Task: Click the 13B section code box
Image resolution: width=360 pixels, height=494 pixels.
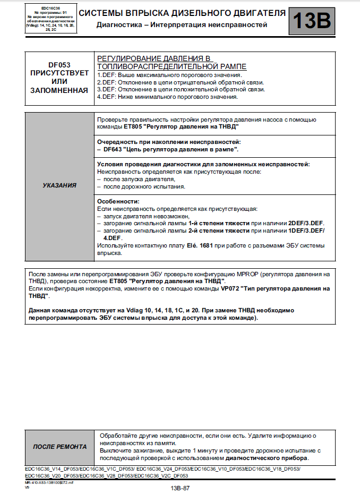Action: [x=311, y=21]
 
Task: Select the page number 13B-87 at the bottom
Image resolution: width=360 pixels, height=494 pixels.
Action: [x=180, y=488]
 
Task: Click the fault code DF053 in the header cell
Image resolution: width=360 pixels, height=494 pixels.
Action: [x=59, y=63]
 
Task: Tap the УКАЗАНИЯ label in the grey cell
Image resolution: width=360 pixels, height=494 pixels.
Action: [x=59, y=186]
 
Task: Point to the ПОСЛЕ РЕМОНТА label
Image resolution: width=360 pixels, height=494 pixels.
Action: [x=59, y=447]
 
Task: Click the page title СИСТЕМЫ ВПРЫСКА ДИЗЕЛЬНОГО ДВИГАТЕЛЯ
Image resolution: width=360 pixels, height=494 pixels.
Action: [x=182, y=13]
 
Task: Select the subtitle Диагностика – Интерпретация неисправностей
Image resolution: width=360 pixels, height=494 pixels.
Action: [x=182, y=25]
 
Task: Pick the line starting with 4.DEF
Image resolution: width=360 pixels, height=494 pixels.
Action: [x=167, y=97]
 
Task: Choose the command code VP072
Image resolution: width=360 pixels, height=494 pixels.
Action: [x=230, y=288]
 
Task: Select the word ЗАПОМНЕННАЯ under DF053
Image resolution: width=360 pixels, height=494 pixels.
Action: [x=59, y=91]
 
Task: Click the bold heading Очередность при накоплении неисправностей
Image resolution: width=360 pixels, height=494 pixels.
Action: [x=168, y=142]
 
